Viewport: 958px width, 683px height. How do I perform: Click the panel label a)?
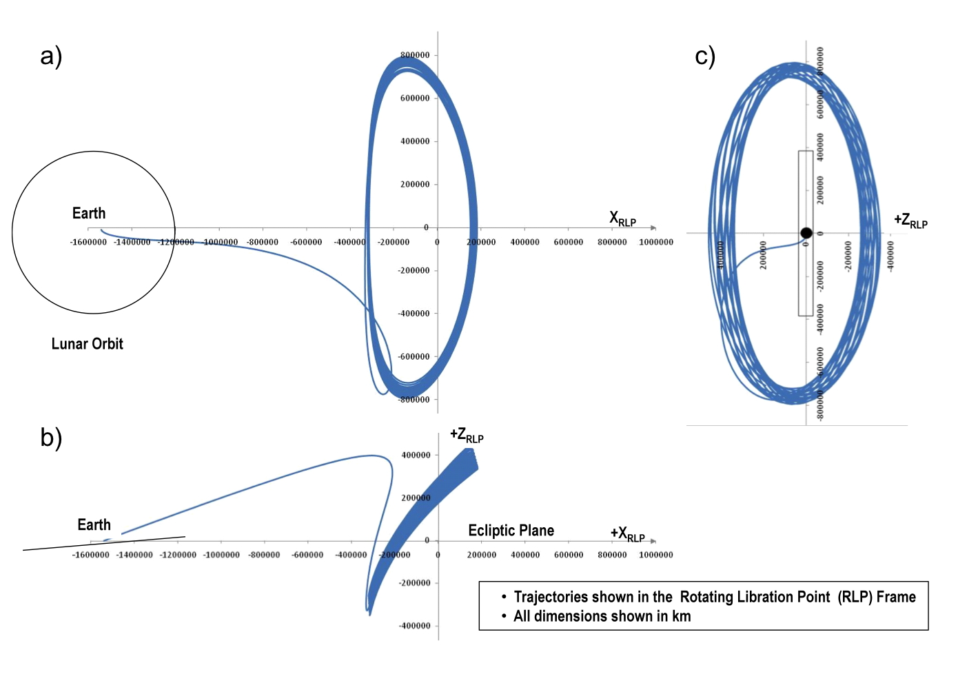(x=51, y=56)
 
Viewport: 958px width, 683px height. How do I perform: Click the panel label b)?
(x=51, y=438)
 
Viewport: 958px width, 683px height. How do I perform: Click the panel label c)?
(x=704, y=56)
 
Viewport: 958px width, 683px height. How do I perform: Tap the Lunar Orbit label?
(x=87, y=344)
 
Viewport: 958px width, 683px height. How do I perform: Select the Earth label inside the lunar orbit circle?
(x=89, y=214)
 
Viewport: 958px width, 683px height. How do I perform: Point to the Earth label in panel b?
(x=94, y=525)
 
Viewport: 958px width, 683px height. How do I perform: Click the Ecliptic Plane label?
(x=511, y=531)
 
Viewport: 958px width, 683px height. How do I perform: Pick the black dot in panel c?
(x=806, y=233)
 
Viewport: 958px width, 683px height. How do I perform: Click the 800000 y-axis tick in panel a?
(x=415, y=55)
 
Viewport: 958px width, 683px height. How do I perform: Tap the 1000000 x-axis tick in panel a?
(x=655, y=242)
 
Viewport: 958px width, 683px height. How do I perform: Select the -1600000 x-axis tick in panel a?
(x=88, y=242)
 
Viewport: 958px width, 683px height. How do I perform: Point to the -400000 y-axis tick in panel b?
(x=414, y=626)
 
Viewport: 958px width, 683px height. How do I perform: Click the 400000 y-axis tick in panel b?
(x=416, y=455)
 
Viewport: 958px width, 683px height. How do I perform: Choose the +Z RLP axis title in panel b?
(x=467, y=435)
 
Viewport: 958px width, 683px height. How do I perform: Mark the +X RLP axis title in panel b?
(x=627, y=534)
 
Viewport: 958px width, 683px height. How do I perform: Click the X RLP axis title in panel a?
(x=622, y=219)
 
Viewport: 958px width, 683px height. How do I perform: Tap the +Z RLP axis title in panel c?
(x=910, y=221)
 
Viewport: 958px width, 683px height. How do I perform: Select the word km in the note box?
(x=681, y=616)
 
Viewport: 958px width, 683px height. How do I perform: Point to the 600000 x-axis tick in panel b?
(x=569, y=555)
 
